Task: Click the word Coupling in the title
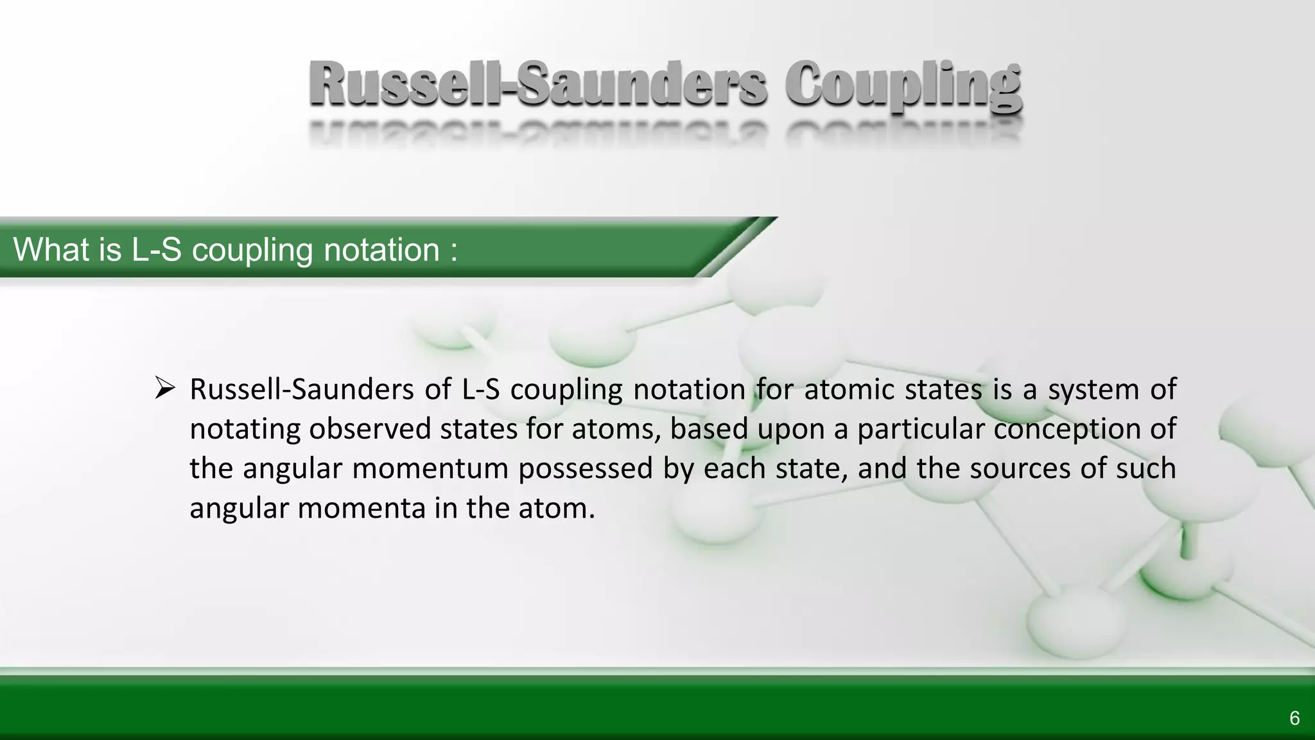point(903,85)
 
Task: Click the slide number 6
point(1294,718)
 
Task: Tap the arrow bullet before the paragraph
point(165,388)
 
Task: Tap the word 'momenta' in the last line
point(361,508)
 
